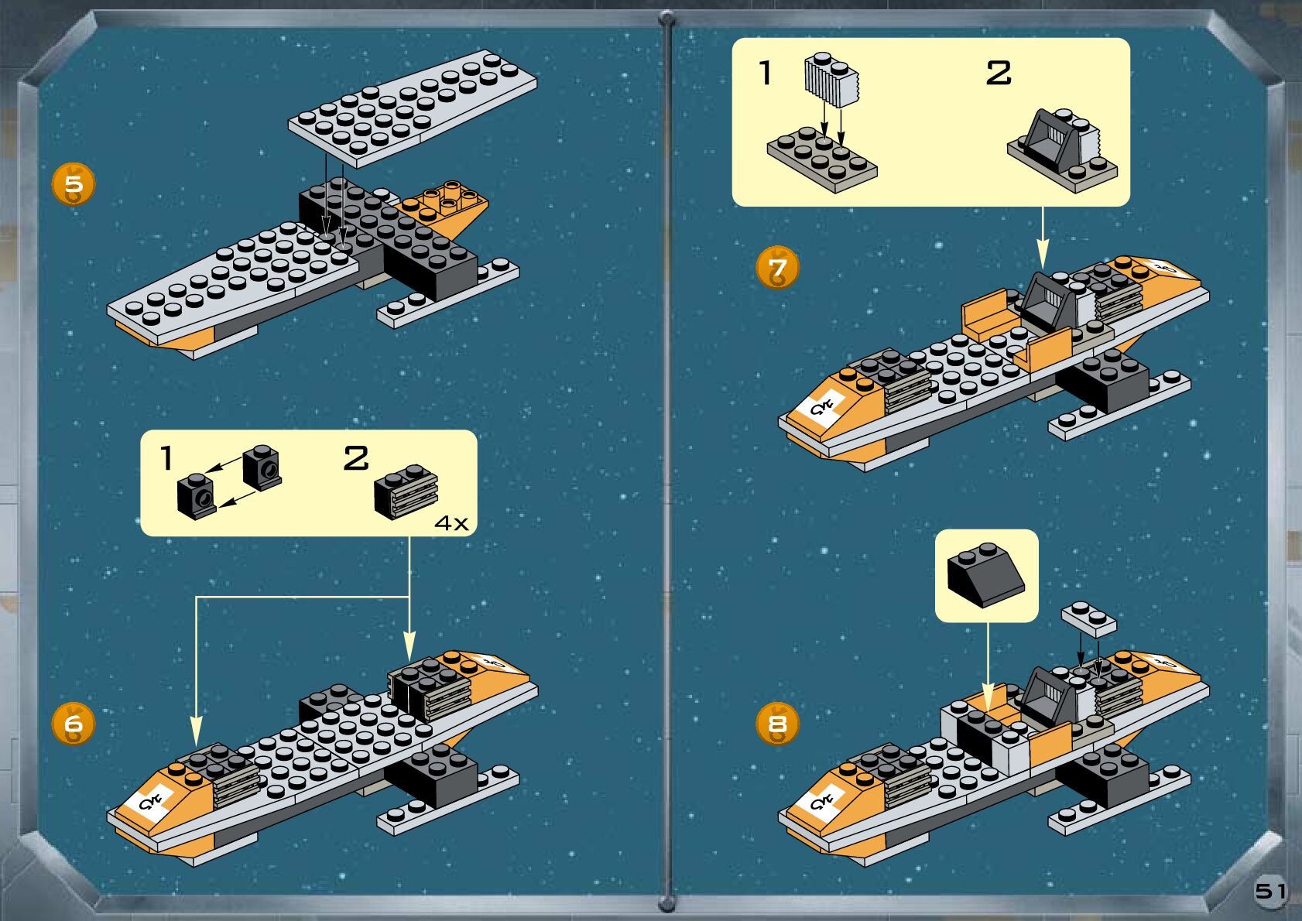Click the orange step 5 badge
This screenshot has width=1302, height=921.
pyautogui.click(x=74, y=184)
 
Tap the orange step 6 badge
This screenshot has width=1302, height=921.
pyautogui.click(x=74, y=724)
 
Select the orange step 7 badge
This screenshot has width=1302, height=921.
pyautogui.click(x=777, y=268)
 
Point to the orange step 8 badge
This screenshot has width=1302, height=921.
pyautogui.click(x=777, y=724)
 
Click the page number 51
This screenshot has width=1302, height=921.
pyautogui.click(x=1270, y=891)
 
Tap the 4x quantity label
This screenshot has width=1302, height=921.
pyautogui.click(x=451, y=523)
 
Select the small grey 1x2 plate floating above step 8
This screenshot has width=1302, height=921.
pyautogui.click(x=1089, y=618)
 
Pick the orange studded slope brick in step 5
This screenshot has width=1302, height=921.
pyautogui.click(x=447, y=204)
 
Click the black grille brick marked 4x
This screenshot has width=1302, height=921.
pyautogui.click(x=406, y=491)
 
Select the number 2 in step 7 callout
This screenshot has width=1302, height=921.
pyautogui.click(x=999, y=74)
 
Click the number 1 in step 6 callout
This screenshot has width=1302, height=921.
pyautogui.click(x=166, y=458)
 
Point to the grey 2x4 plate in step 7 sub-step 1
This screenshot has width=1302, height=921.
pyautogui.click(x=822, y=159)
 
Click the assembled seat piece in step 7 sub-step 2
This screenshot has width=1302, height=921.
pyautogui.click(x=1062, y=149)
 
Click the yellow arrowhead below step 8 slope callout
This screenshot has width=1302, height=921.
pyautogui.click(x=988, y=696)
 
